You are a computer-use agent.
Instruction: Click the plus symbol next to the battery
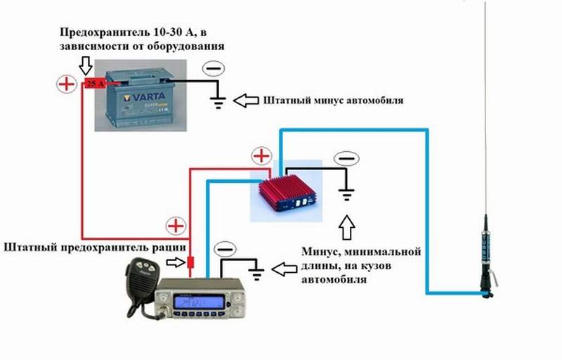click(66, 85)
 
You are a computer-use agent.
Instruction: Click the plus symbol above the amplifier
click(261, 155)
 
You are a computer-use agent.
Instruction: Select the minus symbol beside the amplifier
click(344, 157)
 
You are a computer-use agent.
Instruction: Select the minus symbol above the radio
click(225, 250)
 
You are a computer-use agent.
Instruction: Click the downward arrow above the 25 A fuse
click(86, 66)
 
